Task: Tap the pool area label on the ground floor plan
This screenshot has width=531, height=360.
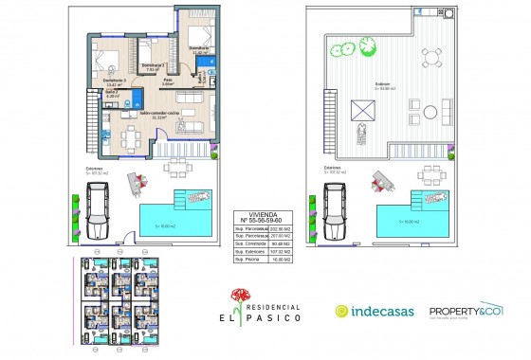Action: [x=166, y=225]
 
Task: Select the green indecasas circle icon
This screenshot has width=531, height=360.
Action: [x=342, y=311]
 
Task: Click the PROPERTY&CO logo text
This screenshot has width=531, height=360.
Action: [x=465, y=310]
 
